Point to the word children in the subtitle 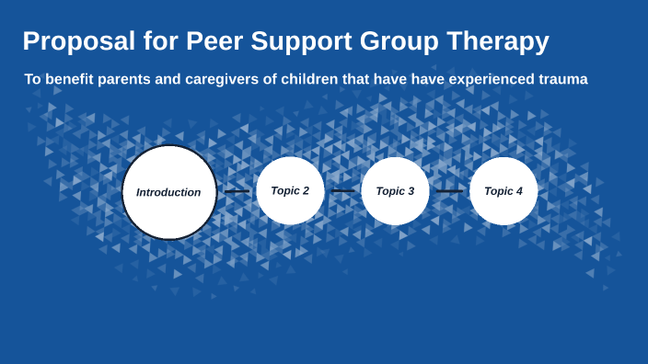click(x=334, y=80)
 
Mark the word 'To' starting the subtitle click(x=33, y=80)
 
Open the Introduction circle click(x=169, y=192)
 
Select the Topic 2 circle click(x=290, y=191)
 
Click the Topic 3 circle click(x=396, y=191)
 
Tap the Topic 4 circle click(x=503, y=191)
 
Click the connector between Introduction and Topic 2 click(x=237, y=192)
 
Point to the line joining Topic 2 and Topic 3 click(x=342, y=191)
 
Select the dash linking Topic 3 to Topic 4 click(x=449, y=191)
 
